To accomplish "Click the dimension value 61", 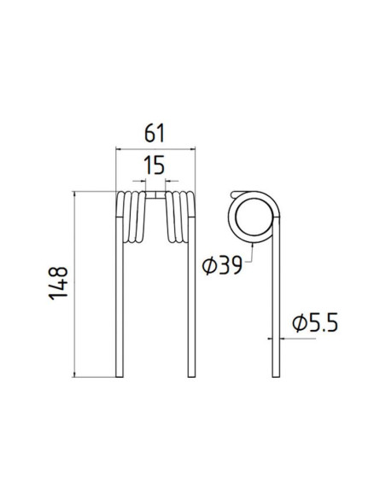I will pos(155,134).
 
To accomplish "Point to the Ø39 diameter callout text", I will pos(222,266).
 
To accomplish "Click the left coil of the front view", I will pos(131,217).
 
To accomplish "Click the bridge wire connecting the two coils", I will pos(155,195).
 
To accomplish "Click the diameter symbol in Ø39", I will pos(208,266).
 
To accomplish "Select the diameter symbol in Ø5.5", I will pos(298,323).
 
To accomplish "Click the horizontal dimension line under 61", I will pos(155,148).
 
